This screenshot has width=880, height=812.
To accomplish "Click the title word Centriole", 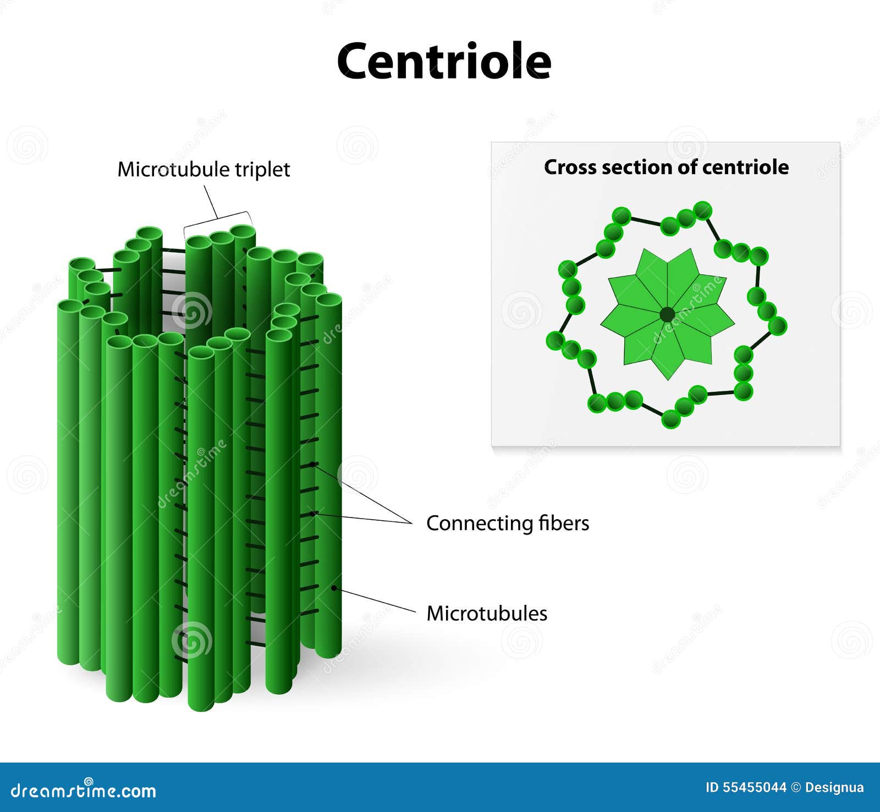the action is point(444,61).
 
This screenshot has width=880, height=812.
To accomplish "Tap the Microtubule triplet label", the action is point(204,169).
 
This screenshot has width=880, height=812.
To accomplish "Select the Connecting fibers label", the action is point(508,523).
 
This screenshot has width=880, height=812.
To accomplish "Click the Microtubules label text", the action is point(487,613).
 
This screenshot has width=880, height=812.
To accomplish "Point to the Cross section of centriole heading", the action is point(666,167).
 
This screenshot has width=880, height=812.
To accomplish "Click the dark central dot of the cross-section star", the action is point(667,315).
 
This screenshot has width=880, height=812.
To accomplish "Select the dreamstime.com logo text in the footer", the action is point(84,790).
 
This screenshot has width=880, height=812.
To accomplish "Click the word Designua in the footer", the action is point(834,787).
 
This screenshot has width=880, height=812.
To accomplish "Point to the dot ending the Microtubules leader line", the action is point(333,588).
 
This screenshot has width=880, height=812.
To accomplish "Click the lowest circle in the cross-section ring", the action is point(671,419).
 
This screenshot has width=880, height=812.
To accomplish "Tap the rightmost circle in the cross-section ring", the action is point(777,326).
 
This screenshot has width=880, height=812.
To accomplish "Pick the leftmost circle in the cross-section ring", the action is point(555,341).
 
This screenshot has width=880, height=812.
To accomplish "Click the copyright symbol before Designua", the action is point(796,787).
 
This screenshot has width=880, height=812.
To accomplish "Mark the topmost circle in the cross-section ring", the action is point(702,210).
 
